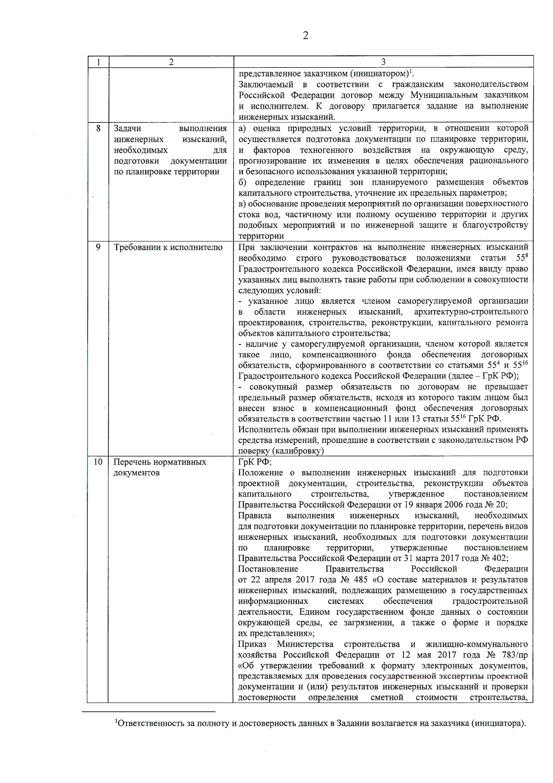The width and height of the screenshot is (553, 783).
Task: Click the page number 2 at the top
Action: pyautogui.click(x=305, y=36)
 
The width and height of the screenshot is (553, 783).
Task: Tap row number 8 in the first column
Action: pyautogui.click(x=98, y=128)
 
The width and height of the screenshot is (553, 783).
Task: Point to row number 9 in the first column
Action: pyautogui.click(x=98, y=247)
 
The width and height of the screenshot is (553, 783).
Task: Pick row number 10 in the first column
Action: pyautogui.click(x=98, y=462)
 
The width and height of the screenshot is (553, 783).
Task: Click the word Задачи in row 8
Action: pyautogui.click(x=128, y=128)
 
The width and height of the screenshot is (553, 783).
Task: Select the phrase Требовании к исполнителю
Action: pyautogui.click(x=168, y=247)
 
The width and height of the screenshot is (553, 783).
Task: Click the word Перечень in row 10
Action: pyautogui.click(x=131, y=462)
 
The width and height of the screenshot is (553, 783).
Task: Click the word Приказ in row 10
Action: pyautogui.click(x=252, y=644)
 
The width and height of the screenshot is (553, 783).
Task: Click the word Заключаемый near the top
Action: pyautogui.click(x=266, y=84)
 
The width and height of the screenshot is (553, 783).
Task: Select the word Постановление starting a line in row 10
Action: pyautogui.click(x=268, y=569)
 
